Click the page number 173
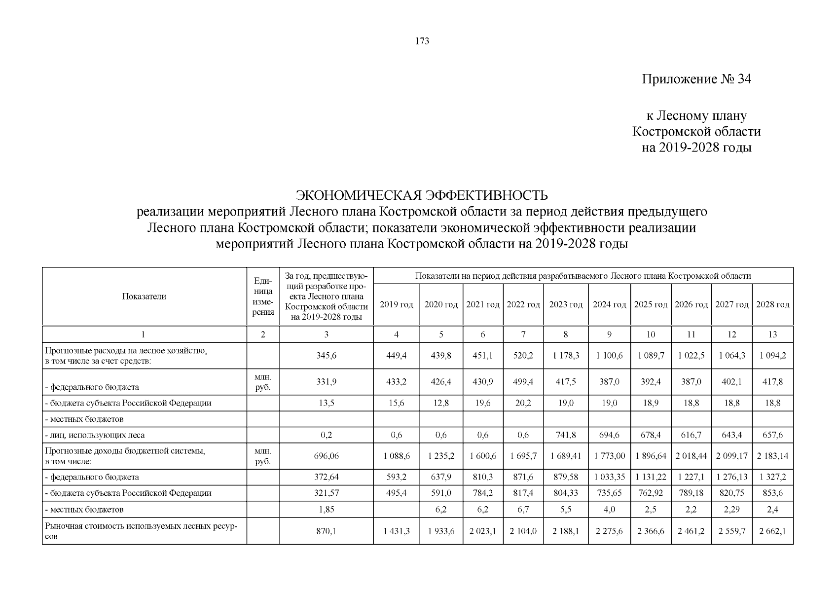pos(422,41)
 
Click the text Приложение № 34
pos(696,79)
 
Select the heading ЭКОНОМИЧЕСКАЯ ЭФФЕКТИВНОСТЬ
pos(421,195)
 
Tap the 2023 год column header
pos(566,305)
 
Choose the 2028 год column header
pos(772,305)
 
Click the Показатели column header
pos(144,296)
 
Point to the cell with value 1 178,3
pos(566,356)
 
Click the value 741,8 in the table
pos(566,435)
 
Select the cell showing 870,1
pos(326,531)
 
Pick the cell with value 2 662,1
pos(772,531)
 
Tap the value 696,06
pos(326,456)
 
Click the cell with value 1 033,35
pos(609,477)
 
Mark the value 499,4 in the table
pos(523,382)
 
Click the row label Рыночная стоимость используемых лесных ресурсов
pos(141,531)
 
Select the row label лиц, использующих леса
pos(97,435)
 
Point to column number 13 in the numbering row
pos(772,334)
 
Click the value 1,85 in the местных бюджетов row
pos(326,510)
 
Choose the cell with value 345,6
pos(326,356)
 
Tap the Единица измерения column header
pos(263,296)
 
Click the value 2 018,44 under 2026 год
pos(691,456)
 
